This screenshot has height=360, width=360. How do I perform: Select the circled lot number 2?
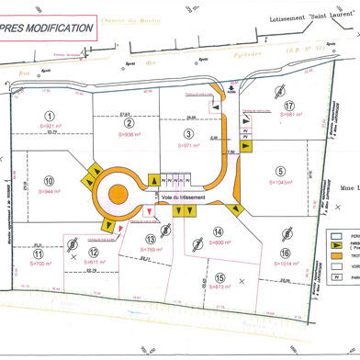tap(129, 124)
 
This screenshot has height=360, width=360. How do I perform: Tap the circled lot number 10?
tap(50, 181)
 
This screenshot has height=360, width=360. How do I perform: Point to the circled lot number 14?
tap(217, 232)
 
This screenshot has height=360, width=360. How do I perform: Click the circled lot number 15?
tap(219, 276)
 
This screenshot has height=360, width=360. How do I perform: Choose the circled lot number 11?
tap(39, 253)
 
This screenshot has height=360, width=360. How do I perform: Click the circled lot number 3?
tap(187, 133)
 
